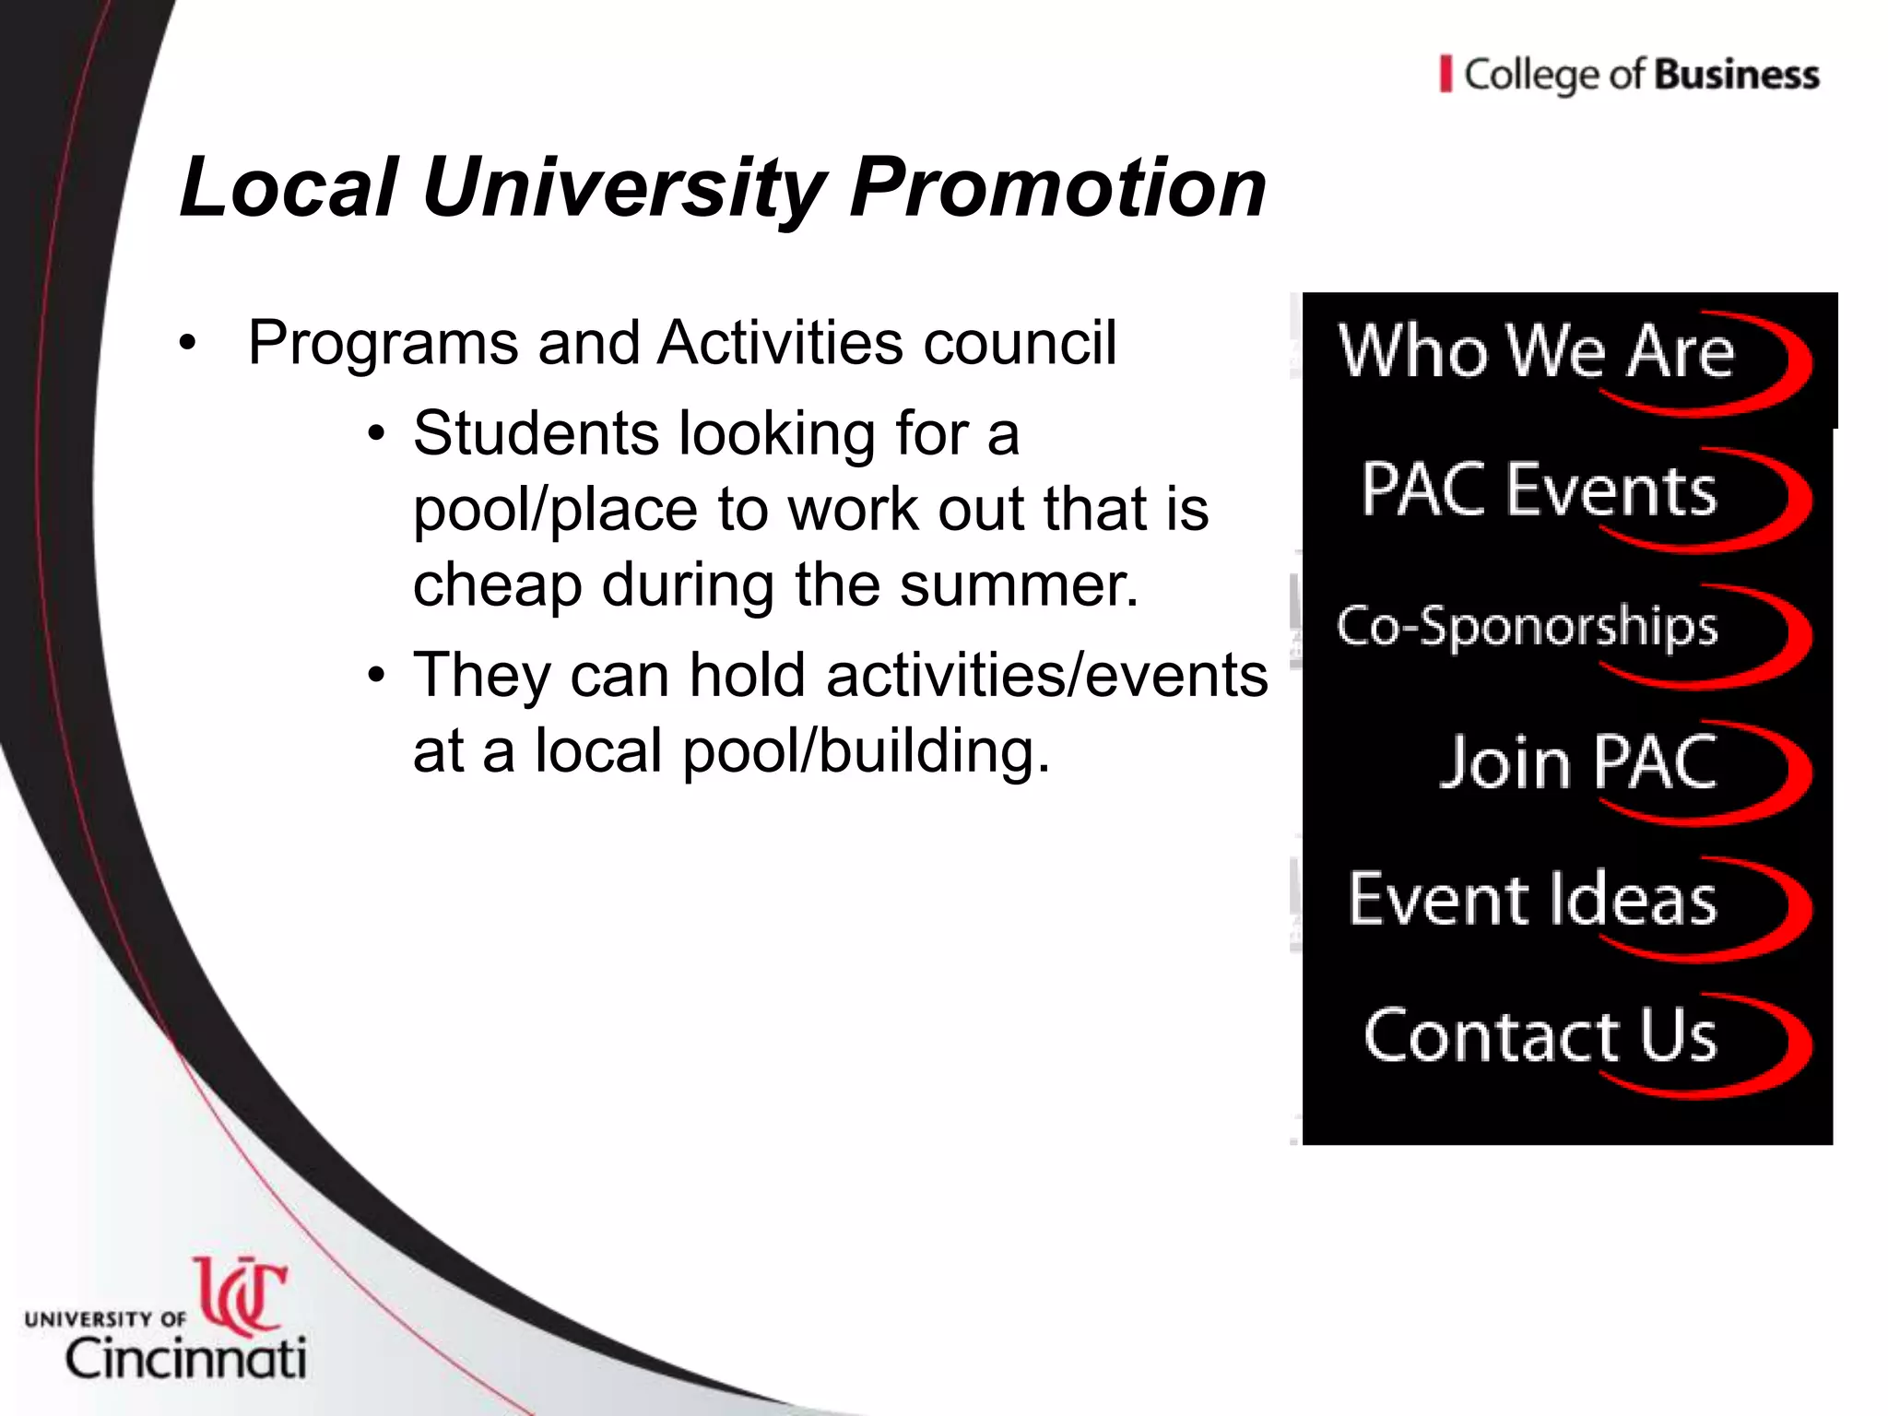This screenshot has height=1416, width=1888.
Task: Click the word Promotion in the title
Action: pos(1056,188)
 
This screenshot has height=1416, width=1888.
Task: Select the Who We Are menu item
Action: pos(1536,352)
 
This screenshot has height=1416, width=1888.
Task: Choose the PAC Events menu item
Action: pos(1539,490)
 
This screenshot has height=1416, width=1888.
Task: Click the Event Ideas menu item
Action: pos(1532,900)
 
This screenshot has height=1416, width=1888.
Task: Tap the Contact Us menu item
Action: pos(1540,1036)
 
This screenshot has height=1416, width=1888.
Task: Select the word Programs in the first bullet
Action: pos(383,343)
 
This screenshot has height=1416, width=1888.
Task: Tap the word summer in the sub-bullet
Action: pos(1018,585)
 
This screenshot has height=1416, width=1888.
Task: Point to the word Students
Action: pos(535,433)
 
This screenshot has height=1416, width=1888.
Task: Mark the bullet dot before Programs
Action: pos(188,345)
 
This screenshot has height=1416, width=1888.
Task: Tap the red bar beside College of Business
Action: pos(1445,75)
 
